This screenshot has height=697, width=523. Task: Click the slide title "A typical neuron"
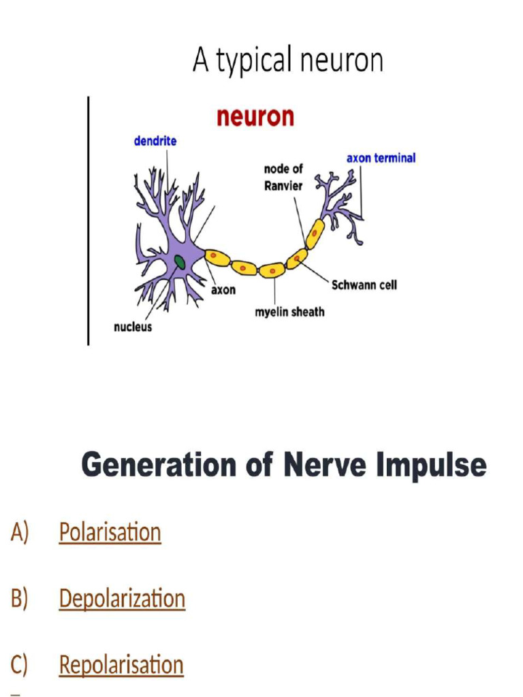tap(287, 60)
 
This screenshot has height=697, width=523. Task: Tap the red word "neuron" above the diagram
tap(255, 116)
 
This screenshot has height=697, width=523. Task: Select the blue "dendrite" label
tap(155, 141)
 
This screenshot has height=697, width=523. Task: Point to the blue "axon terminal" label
tap(381, 158)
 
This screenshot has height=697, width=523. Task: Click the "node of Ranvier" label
tap(283, 177)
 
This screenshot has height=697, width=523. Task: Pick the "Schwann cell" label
tap(364, 285)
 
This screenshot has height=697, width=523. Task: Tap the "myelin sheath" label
tap(289, 312)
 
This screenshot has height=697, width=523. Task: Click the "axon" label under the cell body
tap(223, 290)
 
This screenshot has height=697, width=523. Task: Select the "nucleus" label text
tap(133, 327)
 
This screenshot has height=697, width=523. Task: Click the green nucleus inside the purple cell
tap(180, 261)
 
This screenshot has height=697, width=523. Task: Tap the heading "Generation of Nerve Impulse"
tap(284, 466)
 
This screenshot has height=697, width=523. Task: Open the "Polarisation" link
tap(110, 532)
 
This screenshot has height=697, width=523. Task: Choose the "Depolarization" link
tap(122, 598)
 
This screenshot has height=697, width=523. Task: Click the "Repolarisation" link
tap(121, 664)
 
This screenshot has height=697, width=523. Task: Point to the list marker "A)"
tap(19, 532)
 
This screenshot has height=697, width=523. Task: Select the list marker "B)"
tap(19, 599)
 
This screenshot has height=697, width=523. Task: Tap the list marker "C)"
tap(19, 665)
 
